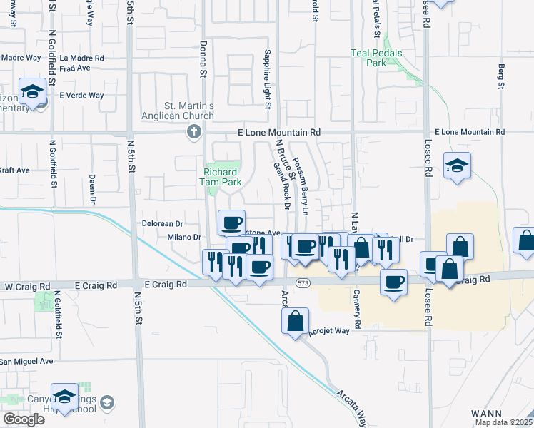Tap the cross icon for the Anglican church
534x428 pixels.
click(192, 131)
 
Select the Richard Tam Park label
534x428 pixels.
click(223, 177)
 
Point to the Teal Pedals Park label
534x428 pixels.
click(376, 58)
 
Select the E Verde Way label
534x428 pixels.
click(81, 96)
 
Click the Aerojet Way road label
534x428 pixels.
click(328, 331)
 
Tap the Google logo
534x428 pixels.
click(23, 419)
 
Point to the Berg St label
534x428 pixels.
click(501, 76)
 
